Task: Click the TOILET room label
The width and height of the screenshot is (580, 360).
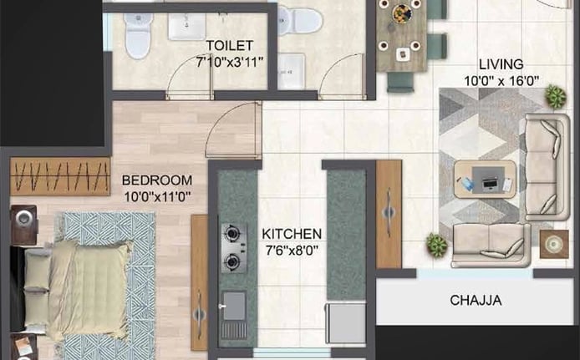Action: coord(229,45)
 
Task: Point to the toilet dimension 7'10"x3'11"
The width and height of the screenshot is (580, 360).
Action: coord(229,61)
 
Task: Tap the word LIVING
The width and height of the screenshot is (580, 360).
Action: coord(501,64)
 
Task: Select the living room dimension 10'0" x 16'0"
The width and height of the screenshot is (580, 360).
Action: coord(501,80)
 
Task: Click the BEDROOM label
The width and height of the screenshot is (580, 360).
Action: coord(157,180)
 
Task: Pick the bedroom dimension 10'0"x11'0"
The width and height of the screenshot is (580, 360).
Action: coord(157,196)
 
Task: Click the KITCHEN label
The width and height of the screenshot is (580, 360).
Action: coord(292,234)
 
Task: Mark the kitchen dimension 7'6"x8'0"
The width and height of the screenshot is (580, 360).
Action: coord(292,251)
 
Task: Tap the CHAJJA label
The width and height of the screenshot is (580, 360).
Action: coord(476,300)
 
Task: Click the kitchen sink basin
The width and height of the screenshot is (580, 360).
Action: coord(234,306)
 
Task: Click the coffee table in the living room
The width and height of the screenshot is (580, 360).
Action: coord(485,180)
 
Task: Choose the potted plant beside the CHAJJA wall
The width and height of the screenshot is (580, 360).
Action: coord(436,245)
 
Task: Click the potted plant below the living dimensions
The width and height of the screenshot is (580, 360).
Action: coord(555,96)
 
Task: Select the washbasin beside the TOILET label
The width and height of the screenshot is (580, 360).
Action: coord(187,26)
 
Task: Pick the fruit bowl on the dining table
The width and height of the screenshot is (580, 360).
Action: coord(402,13)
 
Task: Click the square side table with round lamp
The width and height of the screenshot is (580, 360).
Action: coord(554,244)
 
